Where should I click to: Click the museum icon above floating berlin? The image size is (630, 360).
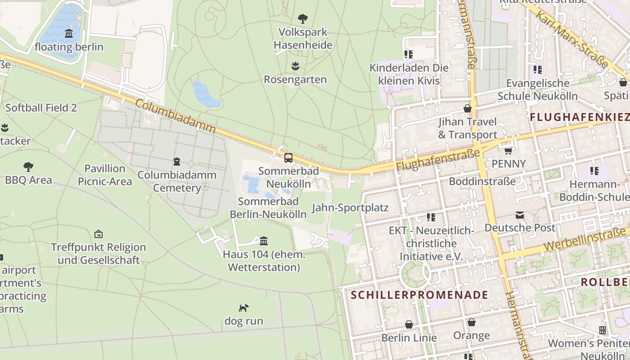tap(69, 34)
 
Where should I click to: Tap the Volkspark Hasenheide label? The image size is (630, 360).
tap(303, 39)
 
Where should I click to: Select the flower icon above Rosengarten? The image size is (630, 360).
tap(295, 66)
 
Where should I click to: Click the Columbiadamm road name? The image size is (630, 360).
tap(175, 116)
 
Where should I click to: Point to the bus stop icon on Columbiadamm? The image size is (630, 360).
tap(288, 158)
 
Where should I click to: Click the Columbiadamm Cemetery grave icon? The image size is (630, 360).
tap(177, 161)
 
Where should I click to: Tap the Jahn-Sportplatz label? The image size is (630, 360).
tap(350, 208)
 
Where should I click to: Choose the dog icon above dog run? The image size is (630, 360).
tap(243, 308)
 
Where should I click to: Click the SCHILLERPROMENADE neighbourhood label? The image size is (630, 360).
tap(419, 295)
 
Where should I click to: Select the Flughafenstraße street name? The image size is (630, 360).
tap(438, 160)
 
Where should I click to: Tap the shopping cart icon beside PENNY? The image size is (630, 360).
tap(508, 151)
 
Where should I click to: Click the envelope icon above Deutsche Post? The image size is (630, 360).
tap(520, 215)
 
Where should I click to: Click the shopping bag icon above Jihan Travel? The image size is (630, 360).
tap(468, 108)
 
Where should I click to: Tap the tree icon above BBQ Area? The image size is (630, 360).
tap(28, 167)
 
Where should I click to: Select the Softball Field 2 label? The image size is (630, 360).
tap(41, 108)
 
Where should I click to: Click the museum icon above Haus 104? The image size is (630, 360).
tap(264, 241)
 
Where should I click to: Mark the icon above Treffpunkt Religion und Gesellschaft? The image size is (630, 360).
tap(99, 234)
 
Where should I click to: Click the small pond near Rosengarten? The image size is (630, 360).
tap(206, 94)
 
